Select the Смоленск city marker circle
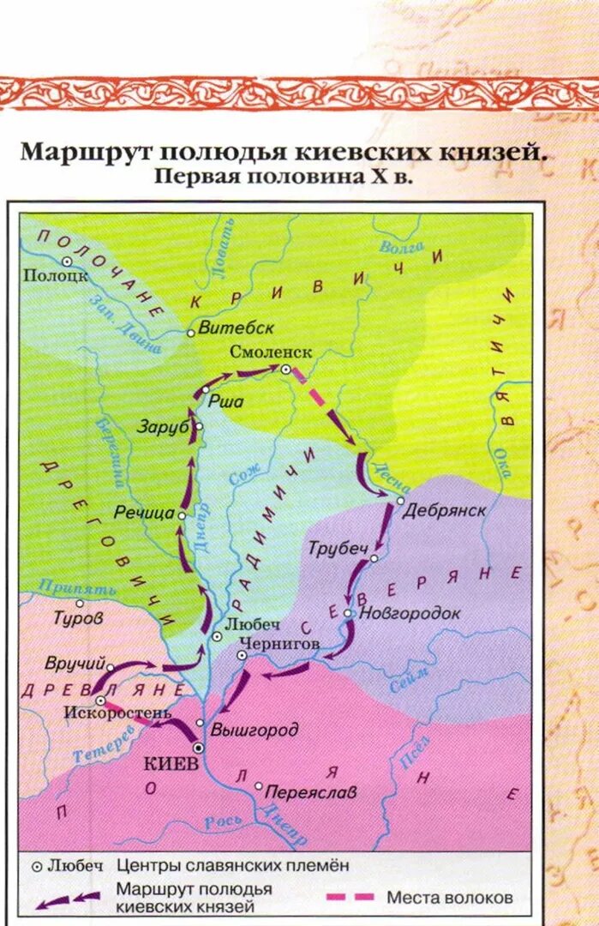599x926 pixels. (285, 369)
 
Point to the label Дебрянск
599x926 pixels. (444, 509)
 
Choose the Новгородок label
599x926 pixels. (410, 614)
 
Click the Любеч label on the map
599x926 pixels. (246, 625)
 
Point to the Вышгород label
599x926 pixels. (254, 731)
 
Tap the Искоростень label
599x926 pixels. (123, 713)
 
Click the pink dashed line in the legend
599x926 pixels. (350, 897)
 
